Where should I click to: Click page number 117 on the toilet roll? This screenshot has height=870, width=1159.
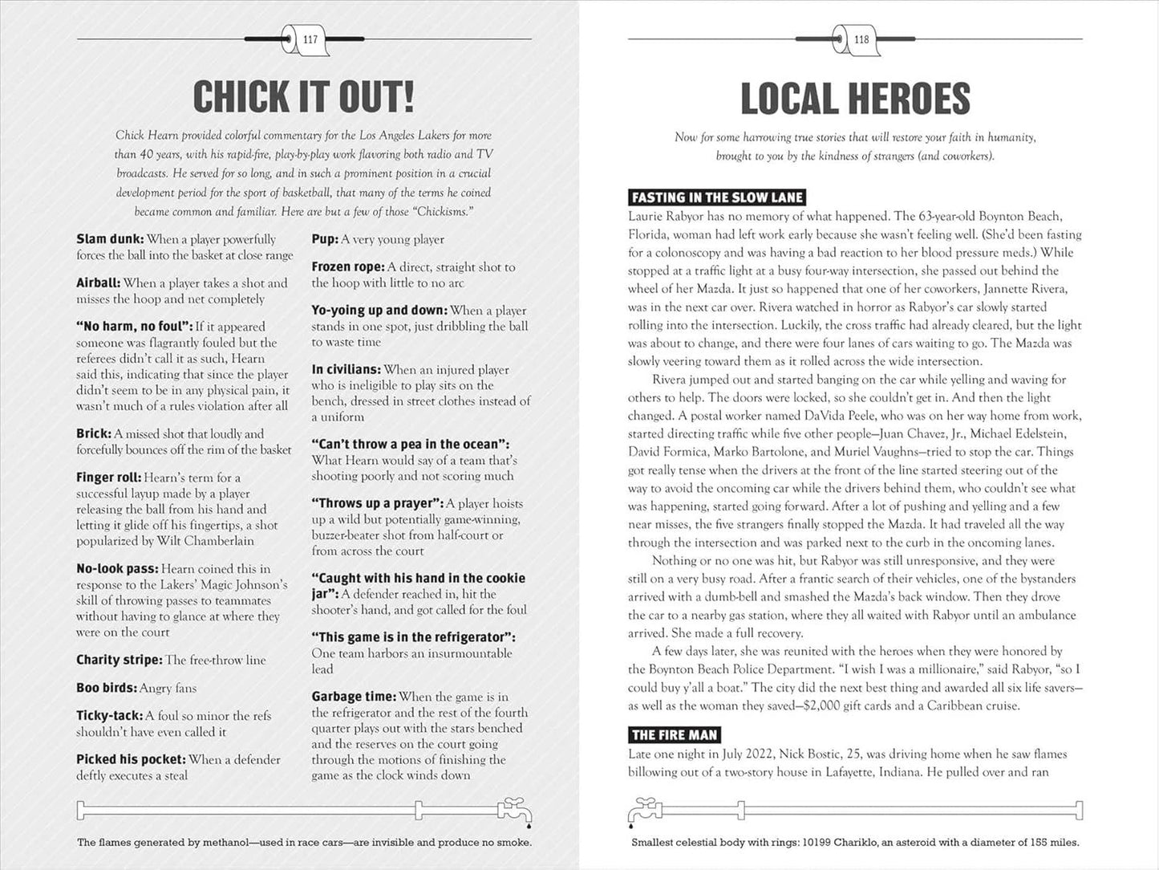click(x=310, y=39)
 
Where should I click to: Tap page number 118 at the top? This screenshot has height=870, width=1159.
click(x=861, y=39)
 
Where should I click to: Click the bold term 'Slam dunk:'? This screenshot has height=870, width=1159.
click(x=110, y=239)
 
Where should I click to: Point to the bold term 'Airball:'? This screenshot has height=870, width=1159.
click(x=98, y=283)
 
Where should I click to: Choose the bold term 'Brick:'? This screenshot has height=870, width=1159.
click(x=93, y=433)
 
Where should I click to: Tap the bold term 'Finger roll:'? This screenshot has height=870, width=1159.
click(x=108, y=478)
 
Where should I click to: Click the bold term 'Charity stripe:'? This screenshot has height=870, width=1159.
click(x=119, y=660)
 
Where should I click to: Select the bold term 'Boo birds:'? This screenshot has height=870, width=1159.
click(x=107, y=688)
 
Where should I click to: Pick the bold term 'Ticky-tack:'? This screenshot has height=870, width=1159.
click(x=109, y=716)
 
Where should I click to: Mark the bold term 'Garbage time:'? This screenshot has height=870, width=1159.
click(x=354, y=697)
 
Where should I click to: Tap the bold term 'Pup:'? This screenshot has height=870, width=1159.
click(x=325, y=239)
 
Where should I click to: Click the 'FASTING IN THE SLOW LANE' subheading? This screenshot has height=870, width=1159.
click(x=716, y=197)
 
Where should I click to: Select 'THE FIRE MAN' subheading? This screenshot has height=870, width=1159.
click(x=674, y=734)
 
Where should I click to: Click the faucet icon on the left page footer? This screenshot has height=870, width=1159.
click(x=513, y=810)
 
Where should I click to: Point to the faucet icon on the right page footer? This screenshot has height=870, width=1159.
click(x=642, y=810)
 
